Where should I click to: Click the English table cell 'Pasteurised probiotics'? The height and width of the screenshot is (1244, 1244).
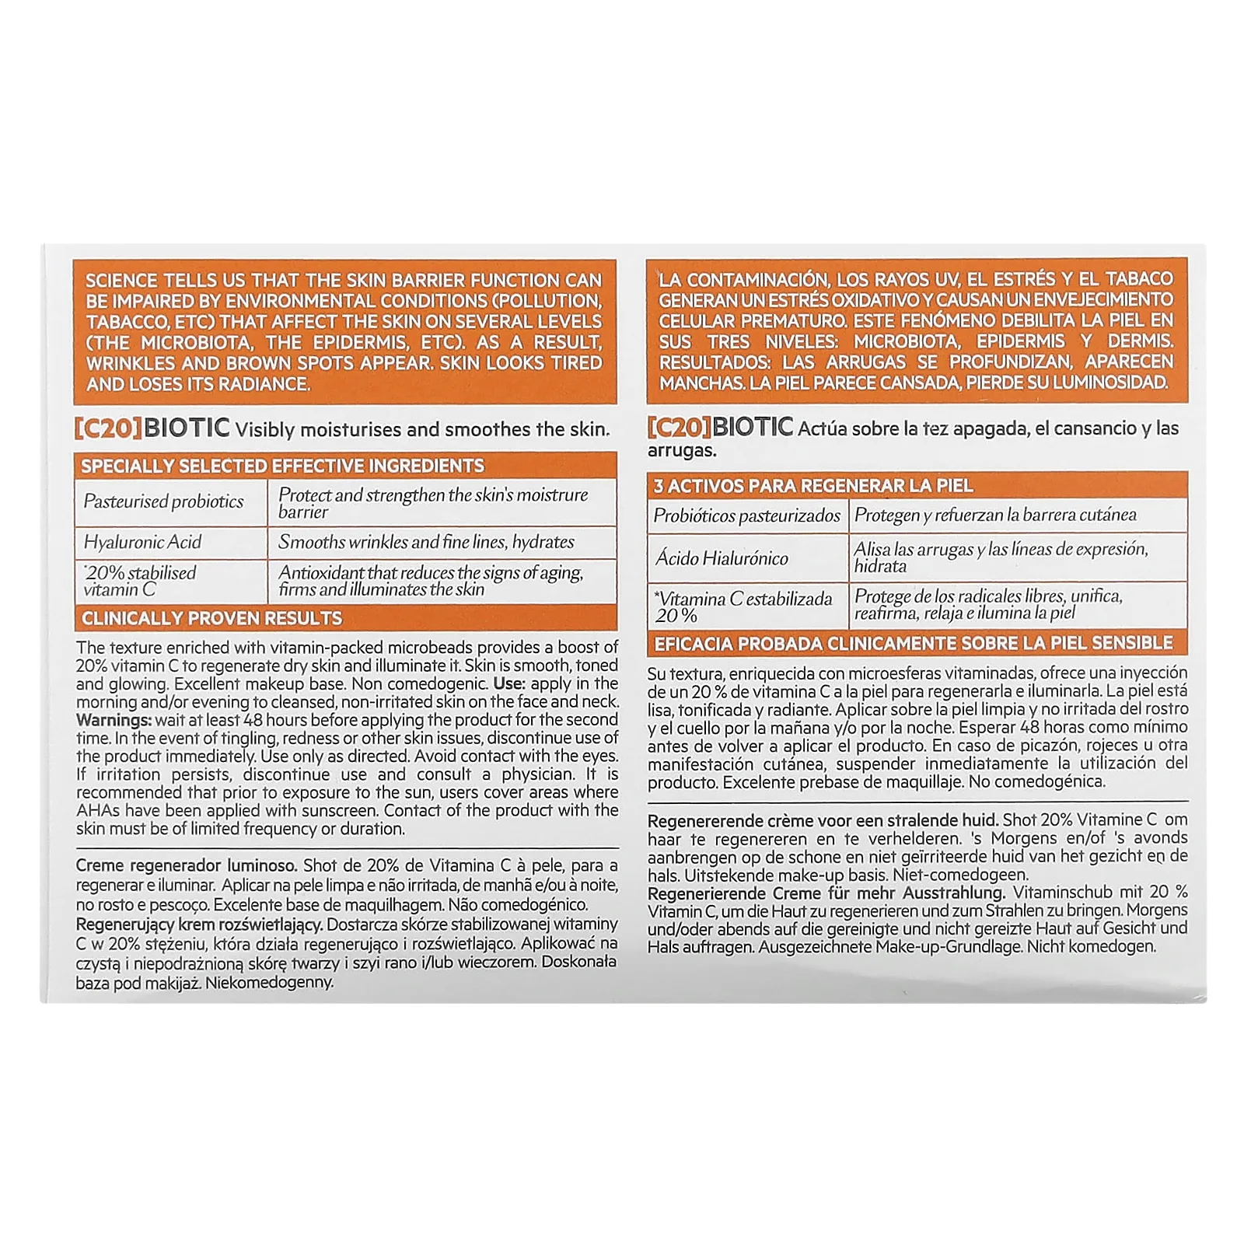(x=163, y=501)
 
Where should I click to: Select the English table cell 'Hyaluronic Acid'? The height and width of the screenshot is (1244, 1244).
(x=142, y=542)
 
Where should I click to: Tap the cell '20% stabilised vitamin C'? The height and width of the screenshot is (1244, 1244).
(x=140, y=581)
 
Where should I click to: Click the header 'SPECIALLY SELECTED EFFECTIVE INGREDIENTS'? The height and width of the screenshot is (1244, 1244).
(x=282, y=466)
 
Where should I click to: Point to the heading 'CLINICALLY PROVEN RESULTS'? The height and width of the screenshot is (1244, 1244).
(x=211, y=618)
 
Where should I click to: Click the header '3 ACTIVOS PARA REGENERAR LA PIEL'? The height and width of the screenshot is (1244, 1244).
(x=812, y=486)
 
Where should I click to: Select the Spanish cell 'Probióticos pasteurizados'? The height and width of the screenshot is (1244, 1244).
(x=746, y=515)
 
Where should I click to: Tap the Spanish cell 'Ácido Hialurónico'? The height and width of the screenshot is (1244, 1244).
(x=722, y=557)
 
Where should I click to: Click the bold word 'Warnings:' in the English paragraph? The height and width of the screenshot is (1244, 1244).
(x=114, y=720)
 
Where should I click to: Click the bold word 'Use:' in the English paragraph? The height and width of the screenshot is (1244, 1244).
(x=509, y=683)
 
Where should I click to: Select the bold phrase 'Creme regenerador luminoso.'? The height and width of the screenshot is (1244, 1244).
(x=187, y=865)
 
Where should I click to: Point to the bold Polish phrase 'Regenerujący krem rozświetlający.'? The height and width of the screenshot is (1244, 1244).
(x=199, y=924)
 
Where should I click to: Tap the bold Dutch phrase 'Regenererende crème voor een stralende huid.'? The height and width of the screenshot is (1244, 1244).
(x=823, y=819)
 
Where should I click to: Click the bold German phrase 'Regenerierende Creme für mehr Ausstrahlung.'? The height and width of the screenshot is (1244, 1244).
(x=826, y=893)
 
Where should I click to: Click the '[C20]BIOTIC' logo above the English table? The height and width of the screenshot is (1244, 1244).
(x=152, y=428)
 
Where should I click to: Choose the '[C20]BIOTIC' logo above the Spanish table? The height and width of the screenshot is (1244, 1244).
(x=720, y=427)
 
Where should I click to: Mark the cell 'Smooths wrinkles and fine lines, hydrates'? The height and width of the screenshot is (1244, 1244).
(x=426, y=542)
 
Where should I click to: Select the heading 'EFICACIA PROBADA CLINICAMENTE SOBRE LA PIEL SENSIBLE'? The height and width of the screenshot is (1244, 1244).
(x=913, y=643)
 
